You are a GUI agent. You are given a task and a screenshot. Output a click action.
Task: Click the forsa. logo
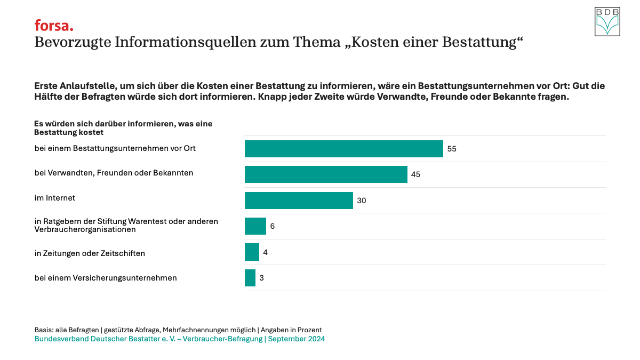pyautogui.click(x=54, y=26)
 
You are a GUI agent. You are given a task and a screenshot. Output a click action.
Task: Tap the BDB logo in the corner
pyautogui.click(x=607, y=22)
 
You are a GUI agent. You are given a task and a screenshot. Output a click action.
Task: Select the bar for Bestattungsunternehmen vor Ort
pyautogui.click(x=343, y=149)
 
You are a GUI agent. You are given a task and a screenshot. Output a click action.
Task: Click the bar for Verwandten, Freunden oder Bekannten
pyautogui.click(x=326, y=174)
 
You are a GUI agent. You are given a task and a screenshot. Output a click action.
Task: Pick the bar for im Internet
pyautogui.click(x=299, y=200)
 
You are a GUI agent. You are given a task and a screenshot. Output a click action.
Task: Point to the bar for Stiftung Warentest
pyautogui.click(x=255, y=226)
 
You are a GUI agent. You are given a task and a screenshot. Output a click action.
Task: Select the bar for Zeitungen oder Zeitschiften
pyautogui.click(x=252, y=252)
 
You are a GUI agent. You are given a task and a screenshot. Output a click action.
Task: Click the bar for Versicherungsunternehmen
pyautogui.click(x=250, y=278)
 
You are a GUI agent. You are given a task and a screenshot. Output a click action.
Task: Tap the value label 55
pyautogui.click(x=452, y=149)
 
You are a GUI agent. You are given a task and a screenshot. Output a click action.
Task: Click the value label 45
pyautogui.click(x=416, y=174)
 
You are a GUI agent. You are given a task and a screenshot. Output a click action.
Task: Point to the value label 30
pyautogui.click(x=362, y=201)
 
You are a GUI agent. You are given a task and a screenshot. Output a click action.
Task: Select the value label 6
pyautogui.click(x=272, y=226)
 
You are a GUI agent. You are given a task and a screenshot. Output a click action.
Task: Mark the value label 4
pyautogui.click(x=265, y=252)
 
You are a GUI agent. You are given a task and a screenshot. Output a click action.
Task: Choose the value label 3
pyautogui.click(x=261, y=278)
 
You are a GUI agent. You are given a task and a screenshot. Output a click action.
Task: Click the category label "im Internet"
pyautogui.click(x=55, y=198)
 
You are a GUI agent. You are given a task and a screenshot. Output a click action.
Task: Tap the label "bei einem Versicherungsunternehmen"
pyautogui.click(x=106, y=278)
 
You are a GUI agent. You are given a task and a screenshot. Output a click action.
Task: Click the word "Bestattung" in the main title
pyautogui.click(x=480, y=43)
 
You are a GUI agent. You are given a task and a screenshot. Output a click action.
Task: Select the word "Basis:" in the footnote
pyautogui.click(x=45, y=330)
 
